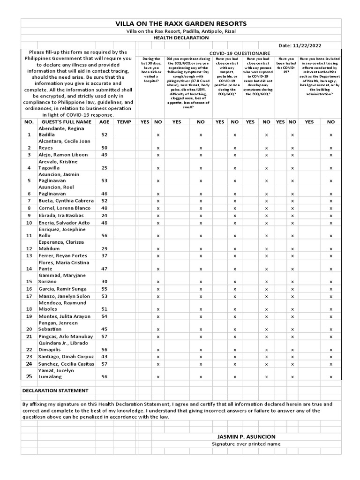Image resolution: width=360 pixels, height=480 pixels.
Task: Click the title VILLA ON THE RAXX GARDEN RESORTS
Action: coord(180,23)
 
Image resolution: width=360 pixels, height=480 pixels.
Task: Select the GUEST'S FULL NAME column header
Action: coord(66,121)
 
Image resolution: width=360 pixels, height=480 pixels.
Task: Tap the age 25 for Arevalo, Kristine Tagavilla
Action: coord(104,168)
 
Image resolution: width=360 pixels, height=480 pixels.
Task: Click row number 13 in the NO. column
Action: coord(29,255)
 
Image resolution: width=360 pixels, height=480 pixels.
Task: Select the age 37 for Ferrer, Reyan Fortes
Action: coord(104,255)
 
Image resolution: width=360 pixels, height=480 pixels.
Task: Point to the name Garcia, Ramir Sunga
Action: coord(65,289)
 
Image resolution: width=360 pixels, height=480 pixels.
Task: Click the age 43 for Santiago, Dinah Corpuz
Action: coord(104,357)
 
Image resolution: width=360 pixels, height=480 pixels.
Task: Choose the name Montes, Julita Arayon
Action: coord(66,316)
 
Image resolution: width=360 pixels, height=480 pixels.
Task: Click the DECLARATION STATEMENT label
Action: coord(55,390)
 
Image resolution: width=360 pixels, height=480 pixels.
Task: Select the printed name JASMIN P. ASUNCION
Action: coord(246,436)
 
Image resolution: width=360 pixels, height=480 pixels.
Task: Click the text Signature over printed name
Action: coord(246,444)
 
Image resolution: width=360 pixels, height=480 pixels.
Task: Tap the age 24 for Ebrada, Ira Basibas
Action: coord(104,215)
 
